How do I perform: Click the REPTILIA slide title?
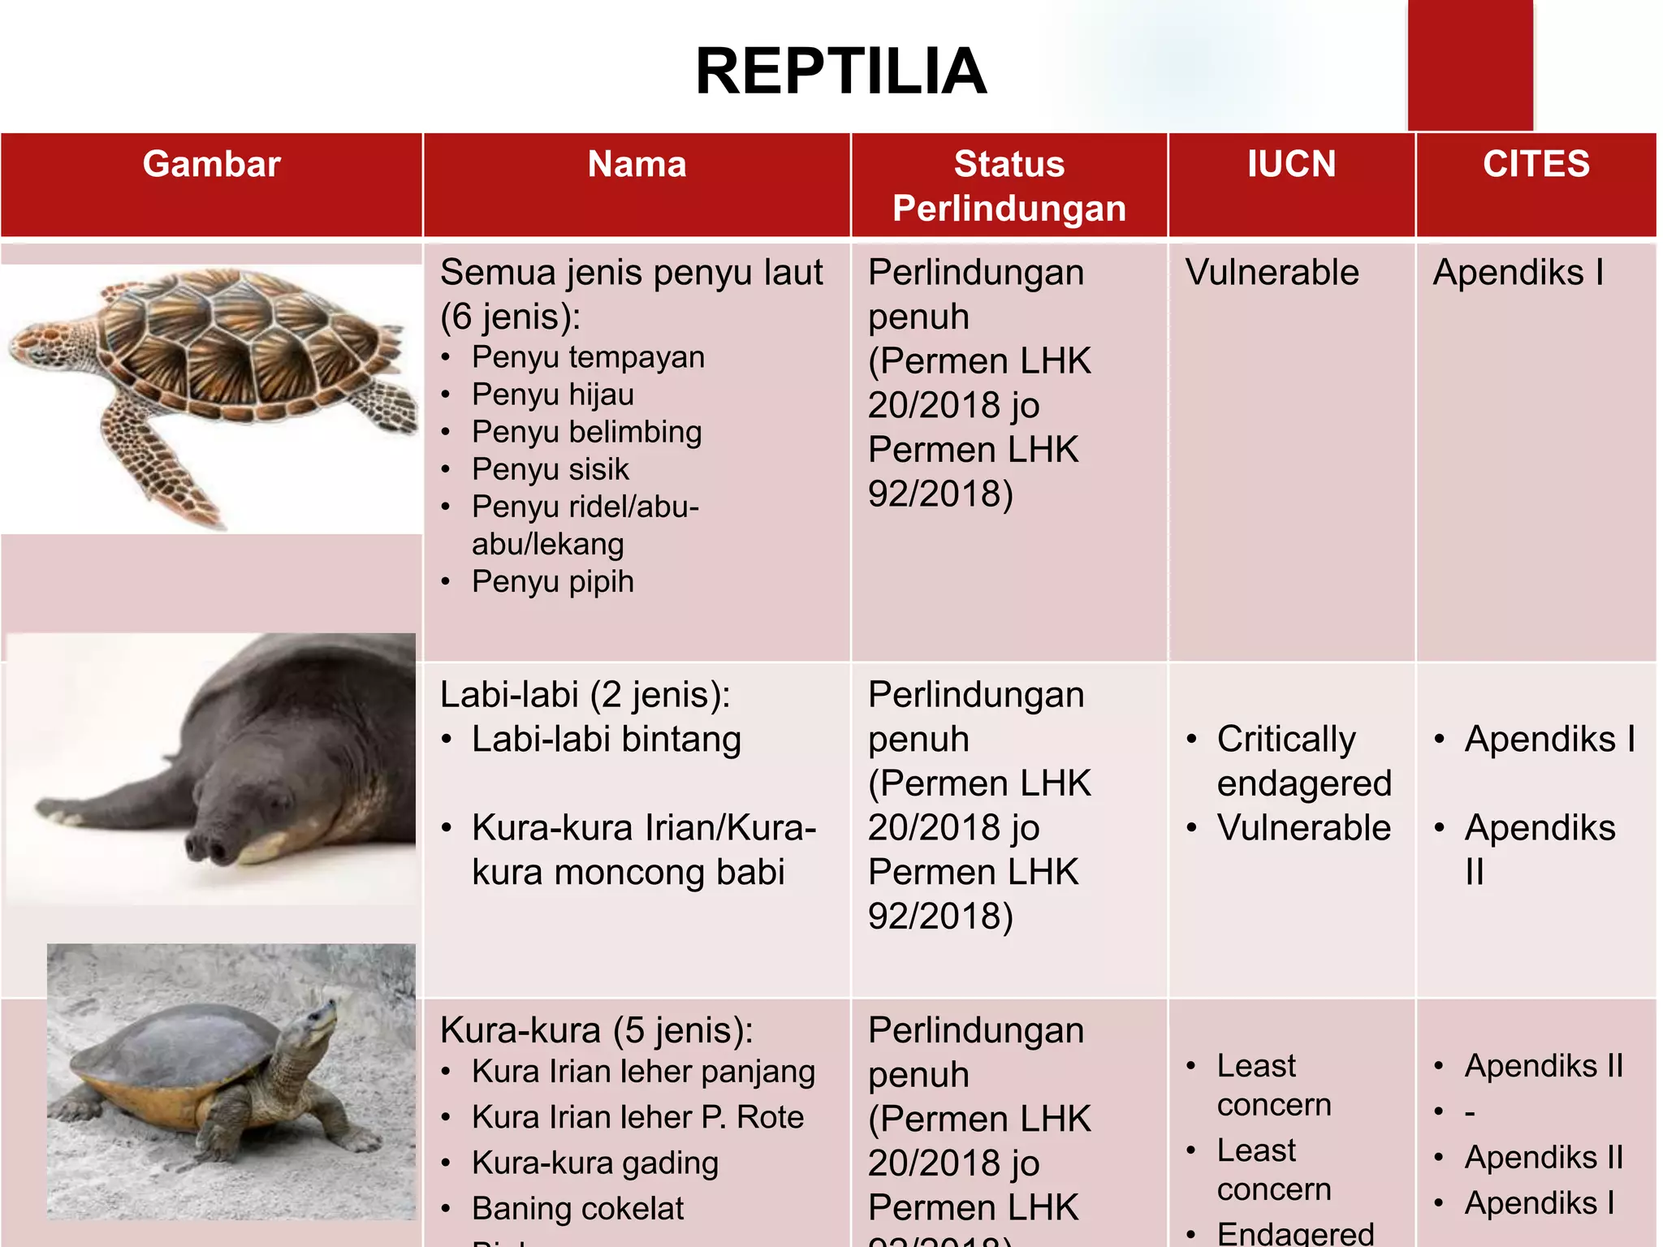coord(840,71)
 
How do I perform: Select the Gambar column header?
coord(211,165)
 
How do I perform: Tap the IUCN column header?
coord(1291,165)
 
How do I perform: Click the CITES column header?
coord(1536,165)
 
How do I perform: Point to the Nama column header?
coord(637,165)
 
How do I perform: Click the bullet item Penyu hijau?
coord(552,395)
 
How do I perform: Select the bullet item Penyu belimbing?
coord(586,432)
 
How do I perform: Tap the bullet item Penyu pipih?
coord(552,581)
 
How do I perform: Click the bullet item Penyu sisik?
coord(550,469)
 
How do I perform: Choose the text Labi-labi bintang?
coord(606,740)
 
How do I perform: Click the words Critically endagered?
coord(1302,762)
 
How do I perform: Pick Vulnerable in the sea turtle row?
coord(1272,273)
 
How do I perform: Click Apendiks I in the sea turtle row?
coord(1518,273)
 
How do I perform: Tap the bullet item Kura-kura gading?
coord(594,1163)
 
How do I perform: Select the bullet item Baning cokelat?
coord(577,1208)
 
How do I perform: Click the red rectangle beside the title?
coord(1470,65)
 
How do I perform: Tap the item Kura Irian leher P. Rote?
coord(637,1117)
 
